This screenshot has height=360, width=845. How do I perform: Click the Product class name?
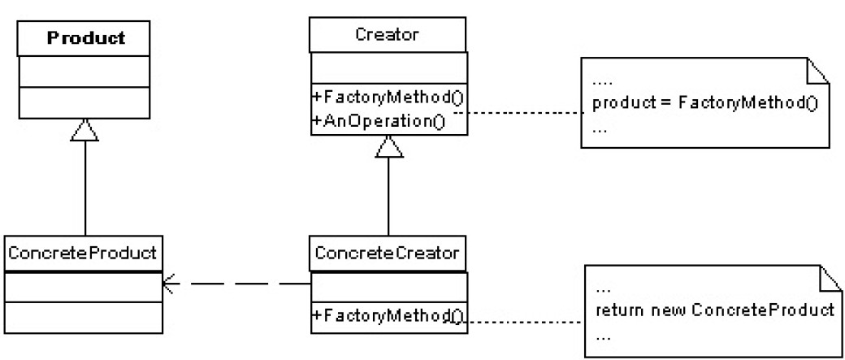[x=84, y=37]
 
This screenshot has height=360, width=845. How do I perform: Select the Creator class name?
[x=388, y=36]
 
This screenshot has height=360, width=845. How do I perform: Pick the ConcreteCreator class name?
[x=388, y=254]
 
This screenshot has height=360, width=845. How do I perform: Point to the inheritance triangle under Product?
[x=84, y=128]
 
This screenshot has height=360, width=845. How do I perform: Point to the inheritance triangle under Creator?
[x=388, y=146]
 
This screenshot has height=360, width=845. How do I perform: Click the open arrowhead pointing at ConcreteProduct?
[x=169, y=284]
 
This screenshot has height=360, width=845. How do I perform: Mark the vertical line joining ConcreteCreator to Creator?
[x=388, y=195]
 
